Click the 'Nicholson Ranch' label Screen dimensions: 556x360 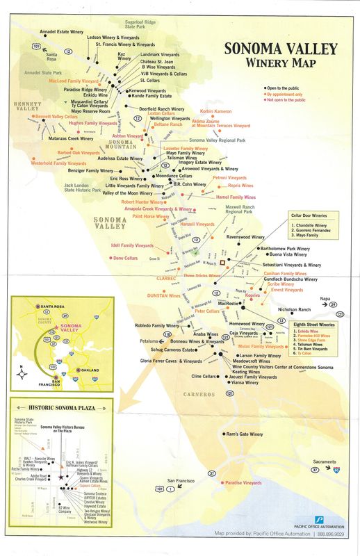[x=297, y=289]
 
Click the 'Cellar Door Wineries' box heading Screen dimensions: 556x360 [x=308, y=216]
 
